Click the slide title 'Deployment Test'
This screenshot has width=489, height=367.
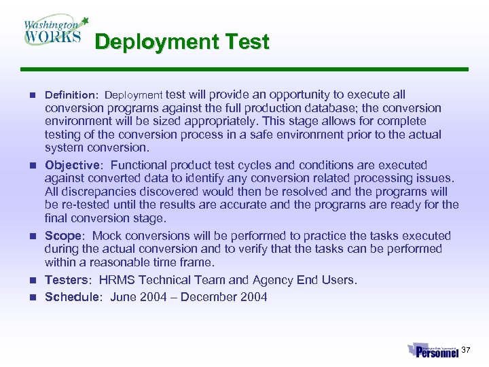click(182, 42)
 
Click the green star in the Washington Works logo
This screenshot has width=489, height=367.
click(85, 20)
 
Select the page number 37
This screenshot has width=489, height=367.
click(466, 350)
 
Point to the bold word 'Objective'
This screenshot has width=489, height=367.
click(72, 165)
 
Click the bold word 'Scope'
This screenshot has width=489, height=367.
click(63, 236)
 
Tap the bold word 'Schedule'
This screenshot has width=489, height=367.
click(71, 297)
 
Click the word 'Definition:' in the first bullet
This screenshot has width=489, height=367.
click(72, 95)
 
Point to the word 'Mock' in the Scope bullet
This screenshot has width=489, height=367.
click(107, 236)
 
